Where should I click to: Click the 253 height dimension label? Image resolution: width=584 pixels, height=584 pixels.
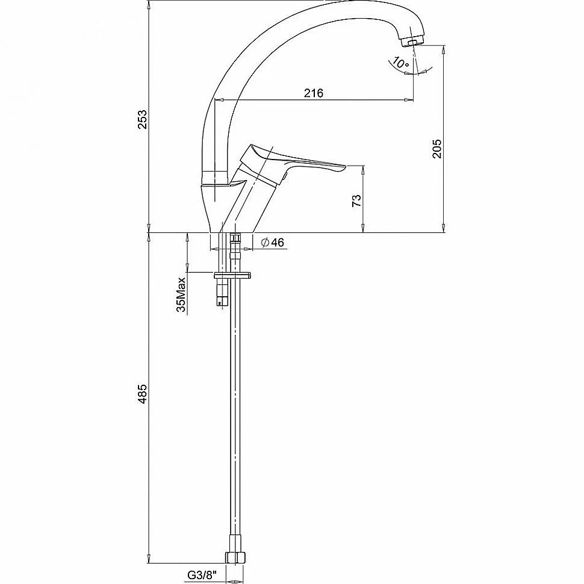coord(143,119)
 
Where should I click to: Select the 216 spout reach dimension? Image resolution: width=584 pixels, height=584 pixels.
coord(314,93)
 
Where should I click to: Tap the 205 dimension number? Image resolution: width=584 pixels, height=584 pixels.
coord(437,148)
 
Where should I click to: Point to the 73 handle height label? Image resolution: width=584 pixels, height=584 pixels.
coord(357,200)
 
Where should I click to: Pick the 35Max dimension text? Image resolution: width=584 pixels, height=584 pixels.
coord(181,294)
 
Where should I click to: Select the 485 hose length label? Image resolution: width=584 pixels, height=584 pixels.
coord(143,394)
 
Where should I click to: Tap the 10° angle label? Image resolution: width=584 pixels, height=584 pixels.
coord(401,63)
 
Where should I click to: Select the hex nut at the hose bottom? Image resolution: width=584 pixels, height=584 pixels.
coord(236,557)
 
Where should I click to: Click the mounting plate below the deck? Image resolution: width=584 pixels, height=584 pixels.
coord(232,276)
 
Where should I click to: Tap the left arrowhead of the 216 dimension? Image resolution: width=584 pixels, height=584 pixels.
coord(219,100)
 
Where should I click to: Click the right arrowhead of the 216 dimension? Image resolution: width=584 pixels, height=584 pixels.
coord(409,100)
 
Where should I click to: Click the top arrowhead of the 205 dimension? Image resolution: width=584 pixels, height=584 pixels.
coord(444,49)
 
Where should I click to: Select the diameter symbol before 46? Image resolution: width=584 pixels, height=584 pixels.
coord(265,243)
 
